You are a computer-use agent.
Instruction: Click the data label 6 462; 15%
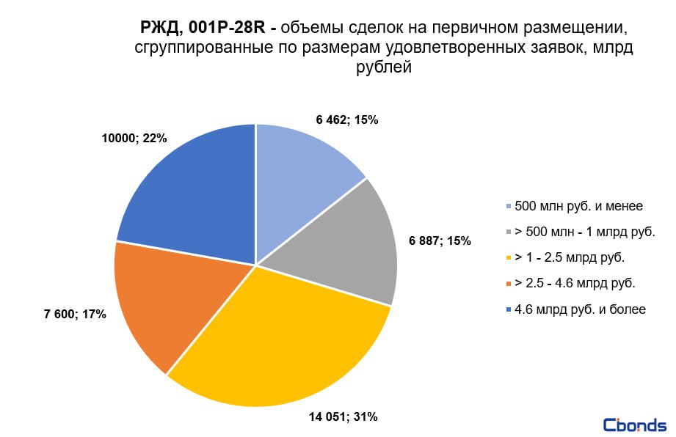pos(347,120)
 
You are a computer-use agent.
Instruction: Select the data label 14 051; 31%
pos(344,417)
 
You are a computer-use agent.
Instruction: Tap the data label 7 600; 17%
pos(75,315)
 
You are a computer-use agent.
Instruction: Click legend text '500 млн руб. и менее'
pos(579,206)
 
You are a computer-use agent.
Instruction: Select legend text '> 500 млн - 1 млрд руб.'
pos(584,232)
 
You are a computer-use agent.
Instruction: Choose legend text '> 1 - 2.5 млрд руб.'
pos(570,258)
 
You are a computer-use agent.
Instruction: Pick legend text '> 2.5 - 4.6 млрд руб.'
pos(575,284)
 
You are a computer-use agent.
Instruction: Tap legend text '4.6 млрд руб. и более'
pos(580,309)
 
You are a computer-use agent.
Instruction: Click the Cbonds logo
pos(634,425)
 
